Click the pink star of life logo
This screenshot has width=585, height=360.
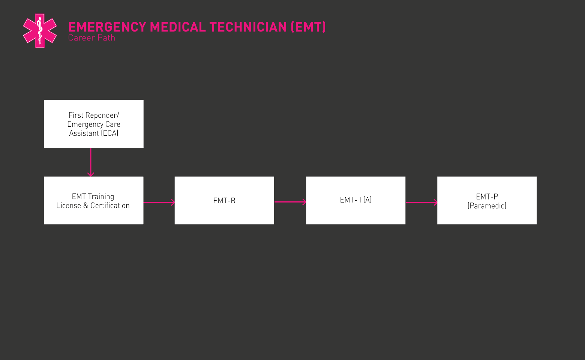coord(40,31)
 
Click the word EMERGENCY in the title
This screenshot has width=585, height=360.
coord(107,27)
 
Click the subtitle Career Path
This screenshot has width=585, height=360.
coord(91,38)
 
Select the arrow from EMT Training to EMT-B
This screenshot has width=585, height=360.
coord(159,202)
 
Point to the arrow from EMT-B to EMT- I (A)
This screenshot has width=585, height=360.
coord(290,202)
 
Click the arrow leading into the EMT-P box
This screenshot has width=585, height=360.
coord(421,202)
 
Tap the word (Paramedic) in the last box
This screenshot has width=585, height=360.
coord(487,205)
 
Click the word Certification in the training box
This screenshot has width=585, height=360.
coord(110,205)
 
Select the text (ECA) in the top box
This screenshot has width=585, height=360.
coord(109,133)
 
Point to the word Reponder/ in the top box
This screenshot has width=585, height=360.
coord(102,115)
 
